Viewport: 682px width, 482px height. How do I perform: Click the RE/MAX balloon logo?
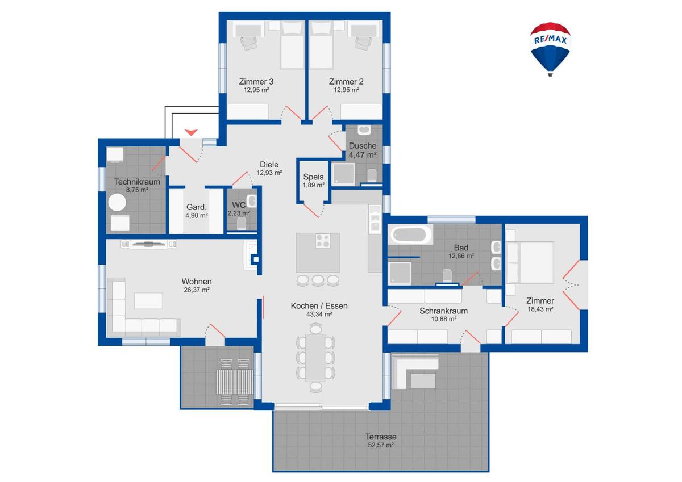click(550, 48)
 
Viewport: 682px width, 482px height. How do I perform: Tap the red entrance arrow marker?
click(191, 132)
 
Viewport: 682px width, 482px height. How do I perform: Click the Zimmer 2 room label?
click(346, 82)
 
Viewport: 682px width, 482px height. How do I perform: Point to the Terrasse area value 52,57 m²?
click(380, 446)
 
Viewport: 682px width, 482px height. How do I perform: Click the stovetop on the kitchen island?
click(322, 241)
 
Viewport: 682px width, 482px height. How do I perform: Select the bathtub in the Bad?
click(410, 234)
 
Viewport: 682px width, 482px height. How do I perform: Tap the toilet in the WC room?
click(241, 225)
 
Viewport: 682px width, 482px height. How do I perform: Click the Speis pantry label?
click(313, 177)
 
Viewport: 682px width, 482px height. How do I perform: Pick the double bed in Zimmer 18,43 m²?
click(531, 262)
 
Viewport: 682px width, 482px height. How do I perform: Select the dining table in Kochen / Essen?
click(315, 357)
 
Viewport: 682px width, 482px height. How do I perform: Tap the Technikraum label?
click(137, 182)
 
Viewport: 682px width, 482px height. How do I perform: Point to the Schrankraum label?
click(443, 311)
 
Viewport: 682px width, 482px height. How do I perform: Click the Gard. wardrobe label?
click(196, 207)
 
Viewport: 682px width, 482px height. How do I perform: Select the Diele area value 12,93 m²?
click(269, 173)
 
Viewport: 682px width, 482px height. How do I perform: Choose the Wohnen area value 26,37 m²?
click(197, 290)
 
